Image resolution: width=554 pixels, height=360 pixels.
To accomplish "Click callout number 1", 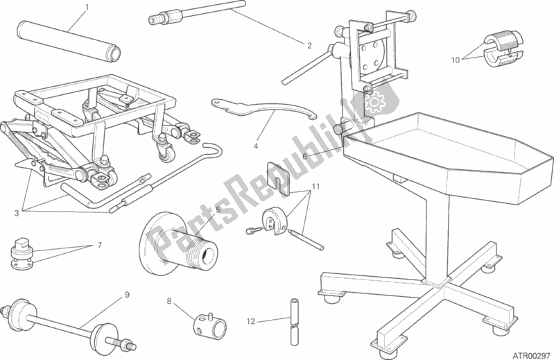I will point(87,8).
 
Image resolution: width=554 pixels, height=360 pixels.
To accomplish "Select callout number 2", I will point(309,46).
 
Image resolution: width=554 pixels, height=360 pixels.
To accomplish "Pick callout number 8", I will point(168,301).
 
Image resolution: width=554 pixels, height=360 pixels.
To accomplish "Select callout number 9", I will point(127,295).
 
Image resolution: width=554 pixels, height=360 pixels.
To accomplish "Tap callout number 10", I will point(455,60).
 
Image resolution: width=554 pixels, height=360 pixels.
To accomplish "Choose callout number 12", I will point(250,322).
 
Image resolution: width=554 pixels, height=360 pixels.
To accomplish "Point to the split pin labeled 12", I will point(294,323).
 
